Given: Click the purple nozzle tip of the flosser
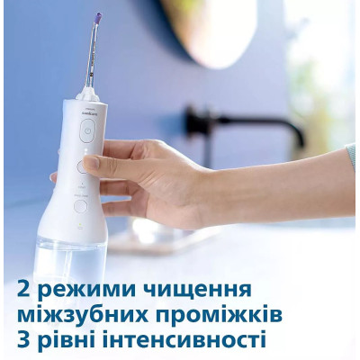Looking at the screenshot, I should pos(97,17).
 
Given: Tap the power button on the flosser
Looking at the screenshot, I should pos(85,130).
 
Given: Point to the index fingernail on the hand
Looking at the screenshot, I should pos(91,163).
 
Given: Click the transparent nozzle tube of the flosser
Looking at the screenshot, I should pos(93,54).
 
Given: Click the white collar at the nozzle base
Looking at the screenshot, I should pos(88,92).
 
